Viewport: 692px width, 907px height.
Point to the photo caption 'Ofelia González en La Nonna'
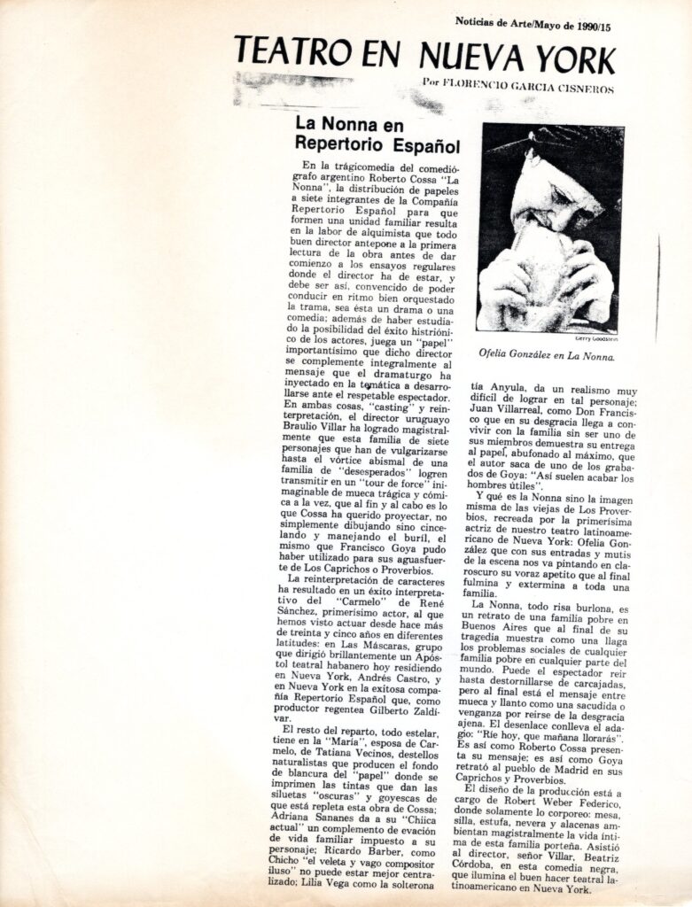[548, 356]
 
